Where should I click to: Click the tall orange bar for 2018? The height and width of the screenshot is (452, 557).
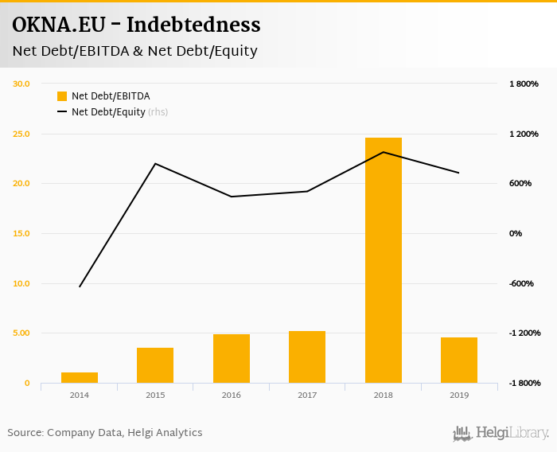click(383, 260)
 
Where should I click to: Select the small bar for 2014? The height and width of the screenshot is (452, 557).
click(80, 377)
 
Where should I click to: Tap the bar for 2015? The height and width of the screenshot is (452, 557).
click(155, 365)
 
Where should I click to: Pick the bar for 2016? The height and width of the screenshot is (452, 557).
click(232, 358)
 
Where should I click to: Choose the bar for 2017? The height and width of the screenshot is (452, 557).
click(307, 357)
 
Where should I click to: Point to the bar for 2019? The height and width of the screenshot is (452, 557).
click(459, 360)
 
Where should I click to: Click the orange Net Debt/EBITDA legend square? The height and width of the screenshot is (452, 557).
click(62, 96)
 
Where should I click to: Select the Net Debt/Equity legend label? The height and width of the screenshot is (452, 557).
click(108, 112)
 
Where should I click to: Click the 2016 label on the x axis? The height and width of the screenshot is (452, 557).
click(232, 395)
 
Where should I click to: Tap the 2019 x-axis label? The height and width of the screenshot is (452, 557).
click(459, 395)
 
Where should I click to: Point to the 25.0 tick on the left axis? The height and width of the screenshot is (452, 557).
click(21, 134)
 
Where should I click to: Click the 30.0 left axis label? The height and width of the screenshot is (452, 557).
click(21, 84)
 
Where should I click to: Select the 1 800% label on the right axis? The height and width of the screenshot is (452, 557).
click(524, 84)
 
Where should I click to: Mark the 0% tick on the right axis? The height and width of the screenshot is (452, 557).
click(516, 233)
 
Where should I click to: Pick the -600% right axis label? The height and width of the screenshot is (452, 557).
click(521, 283)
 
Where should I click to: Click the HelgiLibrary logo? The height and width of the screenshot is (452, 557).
click(501, 433)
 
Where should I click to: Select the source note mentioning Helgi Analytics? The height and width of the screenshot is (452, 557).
click(105, 433)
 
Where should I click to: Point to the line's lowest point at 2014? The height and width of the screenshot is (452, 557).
click(80, 286)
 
